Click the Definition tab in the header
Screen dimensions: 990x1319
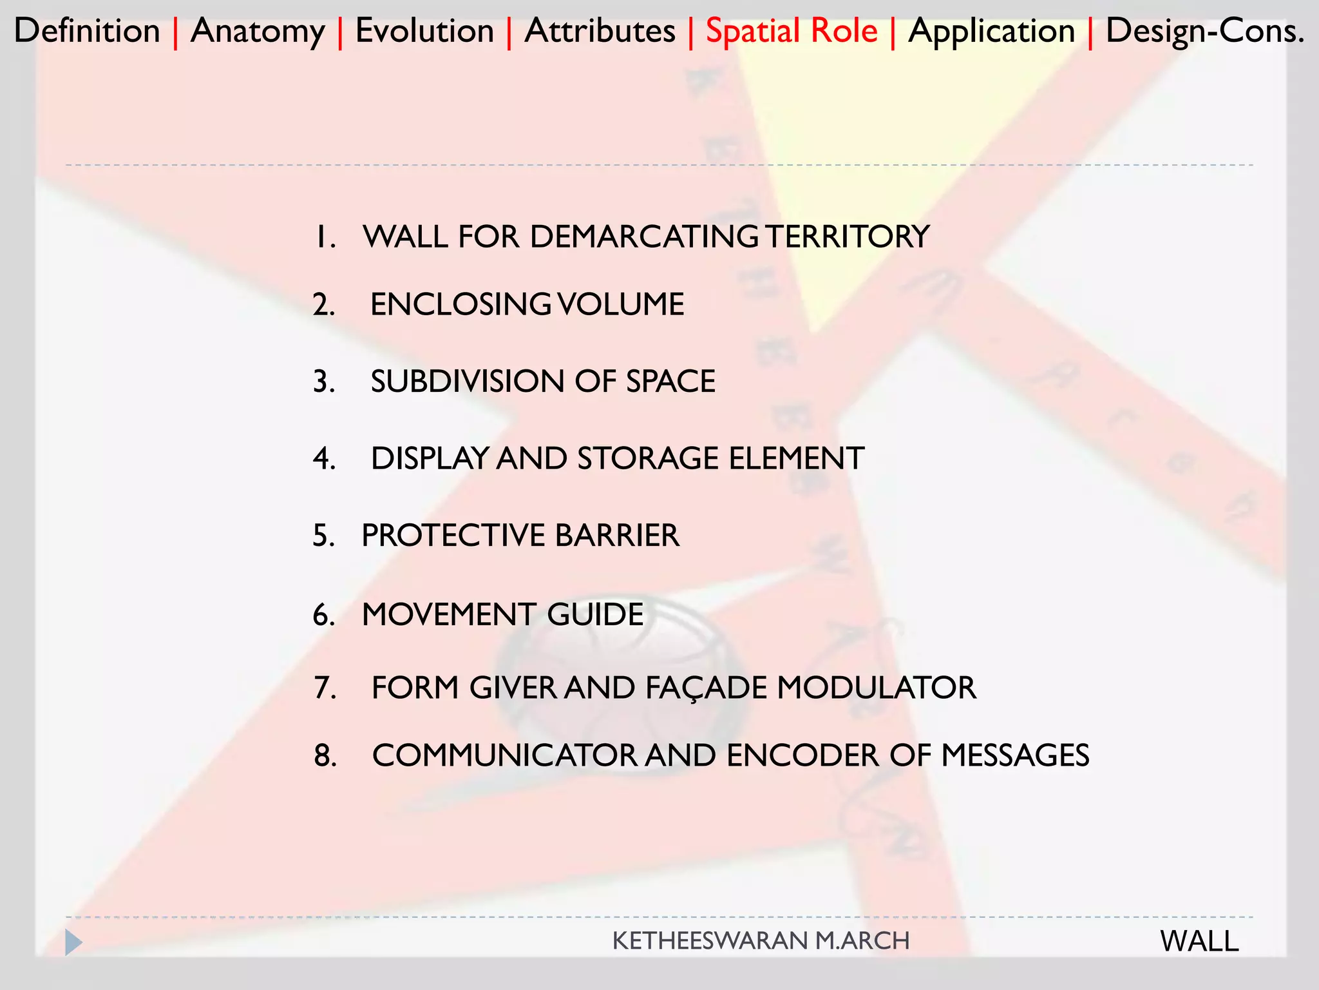pyautogui.click(x=87, y=31)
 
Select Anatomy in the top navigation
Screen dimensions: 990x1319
pyautogui.click(x=258, y=31)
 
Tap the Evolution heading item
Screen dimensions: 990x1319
pyautogui.click(x=424, y=31)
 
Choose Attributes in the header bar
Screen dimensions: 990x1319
pyautogui.click(x=600, y=31)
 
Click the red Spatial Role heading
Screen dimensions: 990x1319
pyautogui.click(x=792, y=31)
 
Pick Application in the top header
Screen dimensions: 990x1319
pyautogui.click(x=991, y=31)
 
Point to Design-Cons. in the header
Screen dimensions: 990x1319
pyautogui.click(x=1204, y=31)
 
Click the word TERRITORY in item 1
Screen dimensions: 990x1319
pyautogui.click(x=847, y=237)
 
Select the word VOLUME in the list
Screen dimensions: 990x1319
pyautogui.click(x=620, y=304)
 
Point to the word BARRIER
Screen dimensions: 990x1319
pyautogui.click(x=616, y=536)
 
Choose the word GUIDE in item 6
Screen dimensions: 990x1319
pyautogui.click(x=595, y=614)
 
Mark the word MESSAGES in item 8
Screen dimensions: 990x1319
pyautogui.click(x=1015, y=755)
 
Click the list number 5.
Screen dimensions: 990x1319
pyautogui.click(x=323, y=536)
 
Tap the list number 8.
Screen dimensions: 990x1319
pyautogui.click(x=325, y=755)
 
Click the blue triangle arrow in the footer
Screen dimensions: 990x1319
pyautogui.click(x=73, y=942)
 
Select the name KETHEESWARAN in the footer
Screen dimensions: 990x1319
pyautogui.click(x=709, y=941)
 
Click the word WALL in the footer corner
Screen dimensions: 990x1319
pyautogui.click(x=1199, y=942)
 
